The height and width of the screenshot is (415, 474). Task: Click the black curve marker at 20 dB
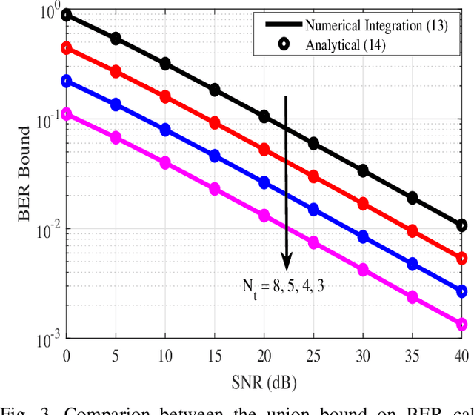pyautogui.click(x=264, y=116)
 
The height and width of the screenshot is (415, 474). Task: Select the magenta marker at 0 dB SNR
pyautogui.click(x=67, y=114)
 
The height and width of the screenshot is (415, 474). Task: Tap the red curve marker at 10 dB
pyautogui.click(x=165, y=97)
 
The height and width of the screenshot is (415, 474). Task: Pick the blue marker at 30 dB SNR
pyautogui.click(x=363, y=237)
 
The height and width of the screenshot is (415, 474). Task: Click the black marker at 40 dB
pyautogui.click(x=462, y=225)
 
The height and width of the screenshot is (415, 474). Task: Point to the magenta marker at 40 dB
pyautogui.click(x=462, y=325)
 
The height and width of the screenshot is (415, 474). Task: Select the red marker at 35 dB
pyautogui.click(x=413, y=231)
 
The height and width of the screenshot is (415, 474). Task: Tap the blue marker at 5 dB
pyautogui.click(x=116, y=104)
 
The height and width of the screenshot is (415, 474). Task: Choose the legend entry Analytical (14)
pyautogui.click(x=345, y=45)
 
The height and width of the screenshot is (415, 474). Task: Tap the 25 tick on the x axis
pyautogui.click(x=313, y=356)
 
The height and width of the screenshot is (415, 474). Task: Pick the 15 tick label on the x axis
pyautogui.click(x=215, y=356)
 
